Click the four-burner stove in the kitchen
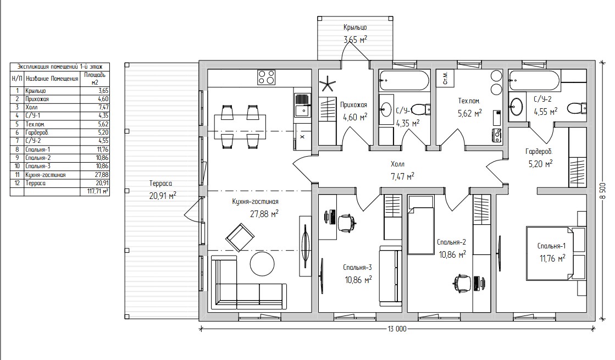[x=267, y=77]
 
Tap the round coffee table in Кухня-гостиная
[x=262, y=263]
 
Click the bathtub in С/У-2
[x=535, y=81]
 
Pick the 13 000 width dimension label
[x=397, y=329]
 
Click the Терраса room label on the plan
[x=160, y=183]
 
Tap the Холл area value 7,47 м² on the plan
[x=402, y=177]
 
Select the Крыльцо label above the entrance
[x=355, y=27]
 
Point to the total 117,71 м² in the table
[x=95, y=192]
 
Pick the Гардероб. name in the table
[x=37, y=132]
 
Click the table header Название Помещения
[x=52, y=79]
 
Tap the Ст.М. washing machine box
[x=445, y=79]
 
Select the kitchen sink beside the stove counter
[x=302, y=106]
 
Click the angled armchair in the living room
[x=240, y=237]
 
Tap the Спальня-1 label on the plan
[x=551, y=246]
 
